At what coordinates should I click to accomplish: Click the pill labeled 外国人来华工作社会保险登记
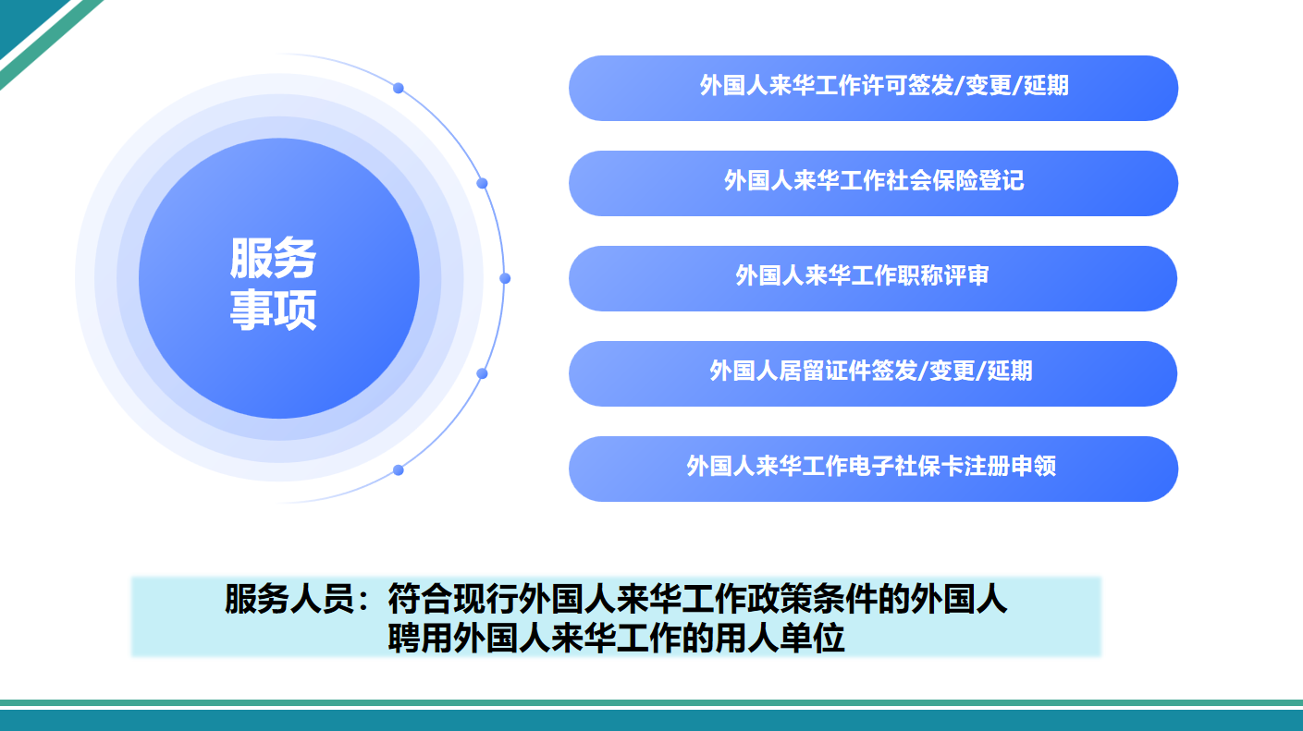pos(873,184)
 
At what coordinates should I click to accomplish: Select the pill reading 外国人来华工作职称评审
pos(873,279)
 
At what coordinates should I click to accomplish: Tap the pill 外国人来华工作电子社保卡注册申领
pos(873,469)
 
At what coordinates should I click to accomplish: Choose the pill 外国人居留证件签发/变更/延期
pos(873,373)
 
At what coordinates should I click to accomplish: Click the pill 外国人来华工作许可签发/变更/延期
pos(873,89)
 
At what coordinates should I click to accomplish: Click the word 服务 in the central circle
pos(273,258)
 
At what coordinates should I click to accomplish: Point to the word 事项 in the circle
pos(273,310)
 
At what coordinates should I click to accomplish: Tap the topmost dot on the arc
pos(399,89)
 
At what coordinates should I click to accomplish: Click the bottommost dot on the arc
pos(399,470)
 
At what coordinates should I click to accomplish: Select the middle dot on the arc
pos(505,279)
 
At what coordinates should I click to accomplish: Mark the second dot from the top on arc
pos(482,184)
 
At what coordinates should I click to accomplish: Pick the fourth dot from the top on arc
pos(482,373)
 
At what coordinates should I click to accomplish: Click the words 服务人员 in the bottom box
pos(289,599)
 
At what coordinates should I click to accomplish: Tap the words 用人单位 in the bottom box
pos(781,638)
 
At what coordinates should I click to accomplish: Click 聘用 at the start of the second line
pos(420,638)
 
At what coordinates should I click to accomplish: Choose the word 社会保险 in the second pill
pos(932,180)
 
